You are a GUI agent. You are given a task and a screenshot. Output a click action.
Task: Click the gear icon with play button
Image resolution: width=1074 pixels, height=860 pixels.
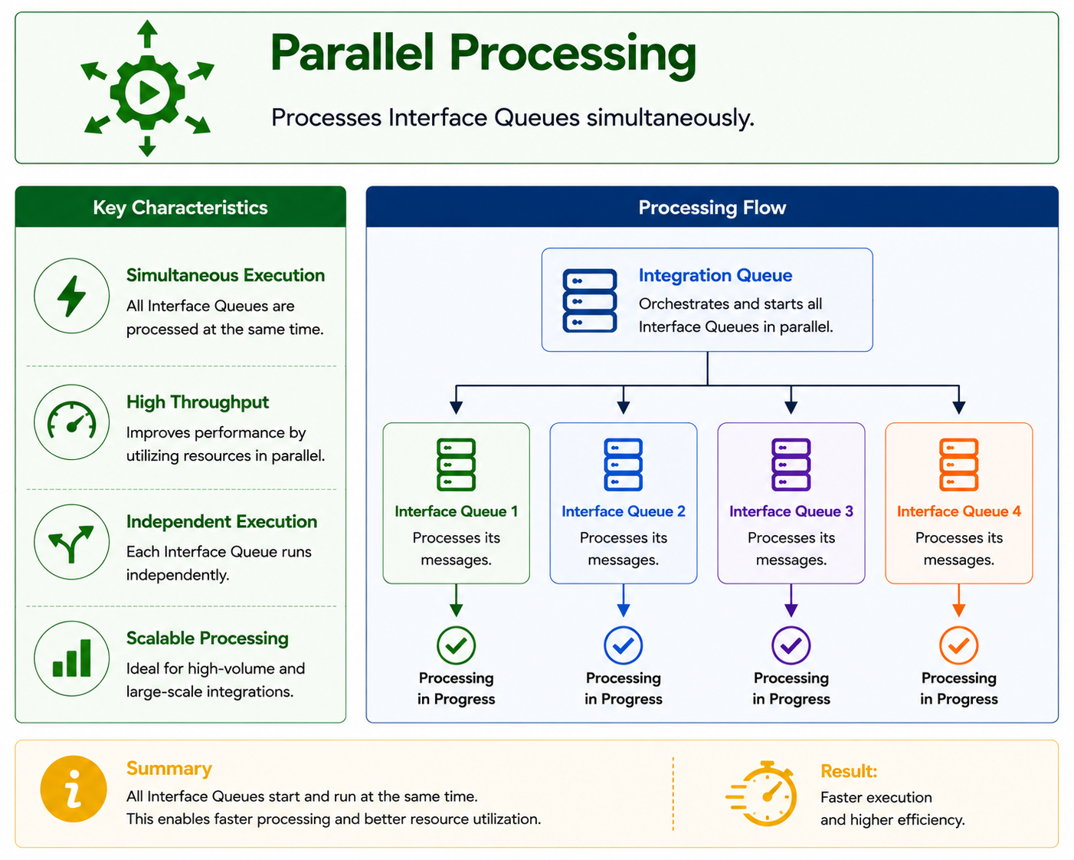147,92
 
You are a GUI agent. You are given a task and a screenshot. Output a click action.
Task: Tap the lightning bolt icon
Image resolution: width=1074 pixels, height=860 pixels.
71,296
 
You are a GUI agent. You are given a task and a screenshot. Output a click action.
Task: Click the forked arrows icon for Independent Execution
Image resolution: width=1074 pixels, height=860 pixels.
71,543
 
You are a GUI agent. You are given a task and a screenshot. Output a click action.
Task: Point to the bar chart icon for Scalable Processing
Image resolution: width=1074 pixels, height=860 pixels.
71,658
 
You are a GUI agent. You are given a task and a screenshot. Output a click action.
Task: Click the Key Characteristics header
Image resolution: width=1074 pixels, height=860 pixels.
180,207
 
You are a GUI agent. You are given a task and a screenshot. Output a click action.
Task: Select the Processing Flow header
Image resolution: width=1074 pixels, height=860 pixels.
712,207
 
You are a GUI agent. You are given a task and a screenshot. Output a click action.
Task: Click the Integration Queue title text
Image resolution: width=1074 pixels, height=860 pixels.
715,275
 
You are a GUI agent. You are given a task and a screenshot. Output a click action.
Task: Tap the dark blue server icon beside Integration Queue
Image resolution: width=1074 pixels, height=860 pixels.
589,300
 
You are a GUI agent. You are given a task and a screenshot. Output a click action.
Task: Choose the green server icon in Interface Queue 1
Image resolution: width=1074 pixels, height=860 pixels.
456,464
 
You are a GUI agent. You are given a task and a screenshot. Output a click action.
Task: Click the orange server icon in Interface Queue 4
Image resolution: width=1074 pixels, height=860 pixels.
958,464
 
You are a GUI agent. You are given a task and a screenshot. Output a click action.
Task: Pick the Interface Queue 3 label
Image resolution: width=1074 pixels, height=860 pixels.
791,511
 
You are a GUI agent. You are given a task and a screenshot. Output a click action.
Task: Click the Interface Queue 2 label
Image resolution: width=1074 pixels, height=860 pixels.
624,511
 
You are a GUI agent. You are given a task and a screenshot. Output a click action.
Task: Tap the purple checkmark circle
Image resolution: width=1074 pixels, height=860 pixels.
791,645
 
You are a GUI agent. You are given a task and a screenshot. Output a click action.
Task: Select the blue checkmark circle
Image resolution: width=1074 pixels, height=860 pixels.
624,645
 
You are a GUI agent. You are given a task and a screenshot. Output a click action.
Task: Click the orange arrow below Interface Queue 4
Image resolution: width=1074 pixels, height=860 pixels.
958,600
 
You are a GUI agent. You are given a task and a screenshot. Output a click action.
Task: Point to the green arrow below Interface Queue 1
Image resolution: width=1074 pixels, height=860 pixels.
456,600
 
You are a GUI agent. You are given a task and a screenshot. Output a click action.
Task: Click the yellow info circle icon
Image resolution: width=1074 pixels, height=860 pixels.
74,789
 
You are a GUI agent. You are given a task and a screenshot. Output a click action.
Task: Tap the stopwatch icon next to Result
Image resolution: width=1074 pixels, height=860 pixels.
762,793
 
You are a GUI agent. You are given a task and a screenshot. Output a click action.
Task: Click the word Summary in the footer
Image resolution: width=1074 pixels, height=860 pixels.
169,768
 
